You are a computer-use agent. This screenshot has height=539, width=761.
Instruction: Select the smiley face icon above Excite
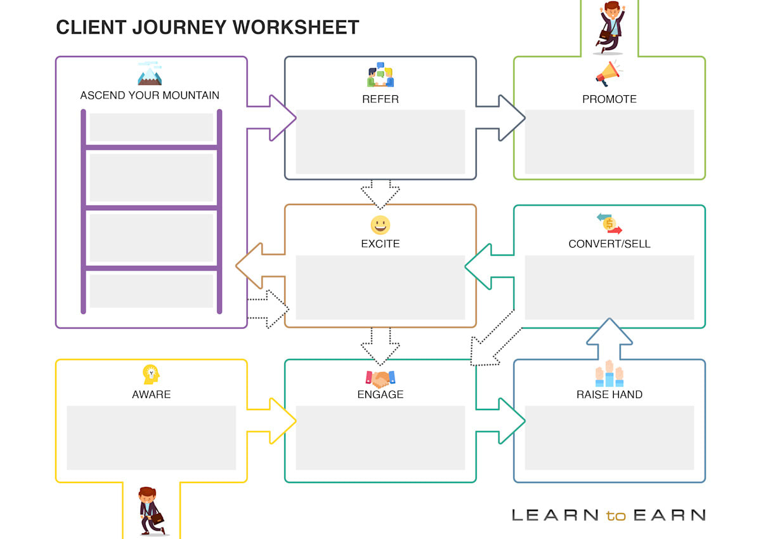tap(380, 225)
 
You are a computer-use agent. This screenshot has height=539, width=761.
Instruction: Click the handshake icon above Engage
tap(380, 379)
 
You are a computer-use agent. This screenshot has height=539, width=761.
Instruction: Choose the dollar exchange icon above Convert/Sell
tap(609, 223)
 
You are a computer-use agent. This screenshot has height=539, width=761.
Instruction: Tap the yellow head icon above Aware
tap(151, 375)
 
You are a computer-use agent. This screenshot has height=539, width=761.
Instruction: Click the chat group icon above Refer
tap(380, 74)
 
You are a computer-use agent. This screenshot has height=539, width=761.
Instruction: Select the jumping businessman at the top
tap(609, 27)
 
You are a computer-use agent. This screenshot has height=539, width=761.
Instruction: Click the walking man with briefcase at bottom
tap(150, 511)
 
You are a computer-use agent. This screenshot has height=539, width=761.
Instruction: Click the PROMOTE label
tap(609, 99)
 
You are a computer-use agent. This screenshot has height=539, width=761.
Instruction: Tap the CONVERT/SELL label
tap(609, 244)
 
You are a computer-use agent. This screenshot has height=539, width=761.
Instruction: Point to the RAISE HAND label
tap(609, 394)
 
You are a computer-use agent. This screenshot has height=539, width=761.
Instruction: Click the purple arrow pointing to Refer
tap(273, 117)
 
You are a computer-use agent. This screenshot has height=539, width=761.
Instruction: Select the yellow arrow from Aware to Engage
tap(273, 420)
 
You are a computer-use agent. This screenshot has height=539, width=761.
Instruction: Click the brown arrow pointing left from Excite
tap(260, 266)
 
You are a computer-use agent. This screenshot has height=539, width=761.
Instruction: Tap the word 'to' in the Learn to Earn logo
tap(615, 515)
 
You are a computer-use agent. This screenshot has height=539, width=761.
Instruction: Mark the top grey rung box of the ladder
tap(151, 127)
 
